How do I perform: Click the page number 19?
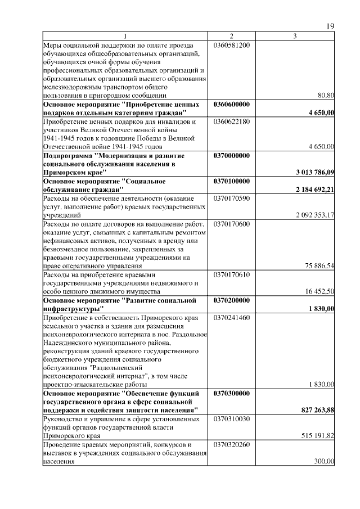tap(330, 26)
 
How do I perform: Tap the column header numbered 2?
tap(231, 37)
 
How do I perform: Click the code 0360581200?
tap(231, 45)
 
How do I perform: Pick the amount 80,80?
tap(326, 96)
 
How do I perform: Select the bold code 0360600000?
tap(232, 105)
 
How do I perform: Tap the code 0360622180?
tap(231, 121)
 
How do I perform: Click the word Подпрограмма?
tap(68, 155)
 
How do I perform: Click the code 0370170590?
tap(231, 199)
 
